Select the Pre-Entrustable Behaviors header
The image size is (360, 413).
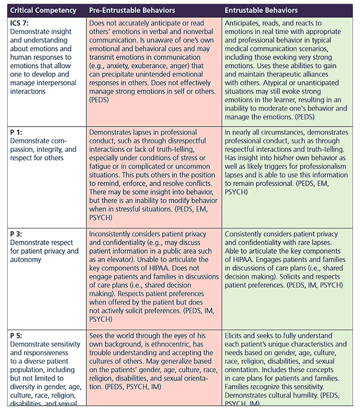132,10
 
